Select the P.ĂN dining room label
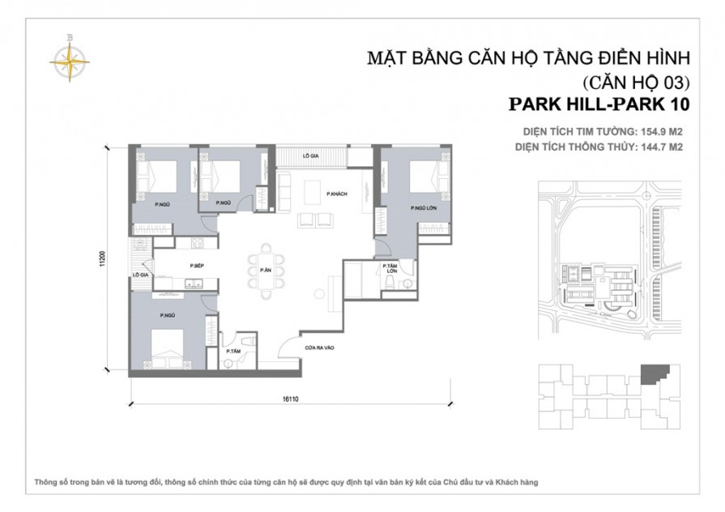coord(265,270)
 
